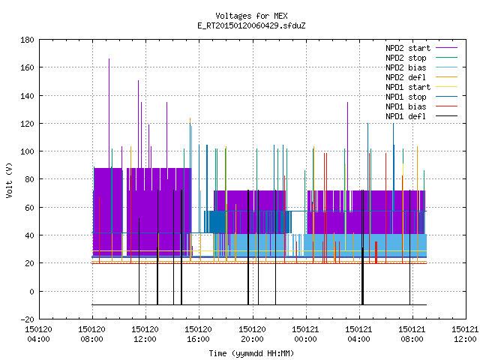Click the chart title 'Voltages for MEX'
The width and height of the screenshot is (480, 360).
pyautogui.click(x=251, y=16)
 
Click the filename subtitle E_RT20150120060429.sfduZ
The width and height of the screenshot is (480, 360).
pyautogui.click(x=251, y=25)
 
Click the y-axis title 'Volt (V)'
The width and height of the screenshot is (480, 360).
pyautogui.click(x=9, y=180)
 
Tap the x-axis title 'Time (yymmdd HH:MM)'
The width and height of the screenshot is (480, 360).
pyautogui.click(x=251, y=353)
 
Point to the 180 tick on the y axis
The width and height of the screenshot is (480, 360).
pyautogui.click(x=27, y=40)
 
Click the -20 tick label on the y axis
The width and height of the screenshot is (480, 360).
pyautogui.click(x=27, y=319)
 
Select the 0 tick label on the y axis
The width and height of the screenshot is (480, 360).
pyautogui.click(x=31, y=292)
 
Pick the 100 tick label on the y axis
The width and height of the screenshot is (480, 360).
pyautogui.click(x=27, y=151)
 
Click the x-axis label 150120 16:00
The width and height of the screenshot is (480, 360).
pyautogui.click(x=198, y=334)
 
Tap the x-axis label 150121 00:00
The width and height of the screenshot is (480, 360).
pyautogui.click(x=305, y=334)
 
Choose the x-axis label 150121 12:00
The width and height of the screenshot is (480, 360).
pyautogui.click(x=465, y=334)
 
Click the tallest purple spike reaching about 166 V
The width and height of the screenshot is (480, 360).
pyautogui.click(x=109, y=113)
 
